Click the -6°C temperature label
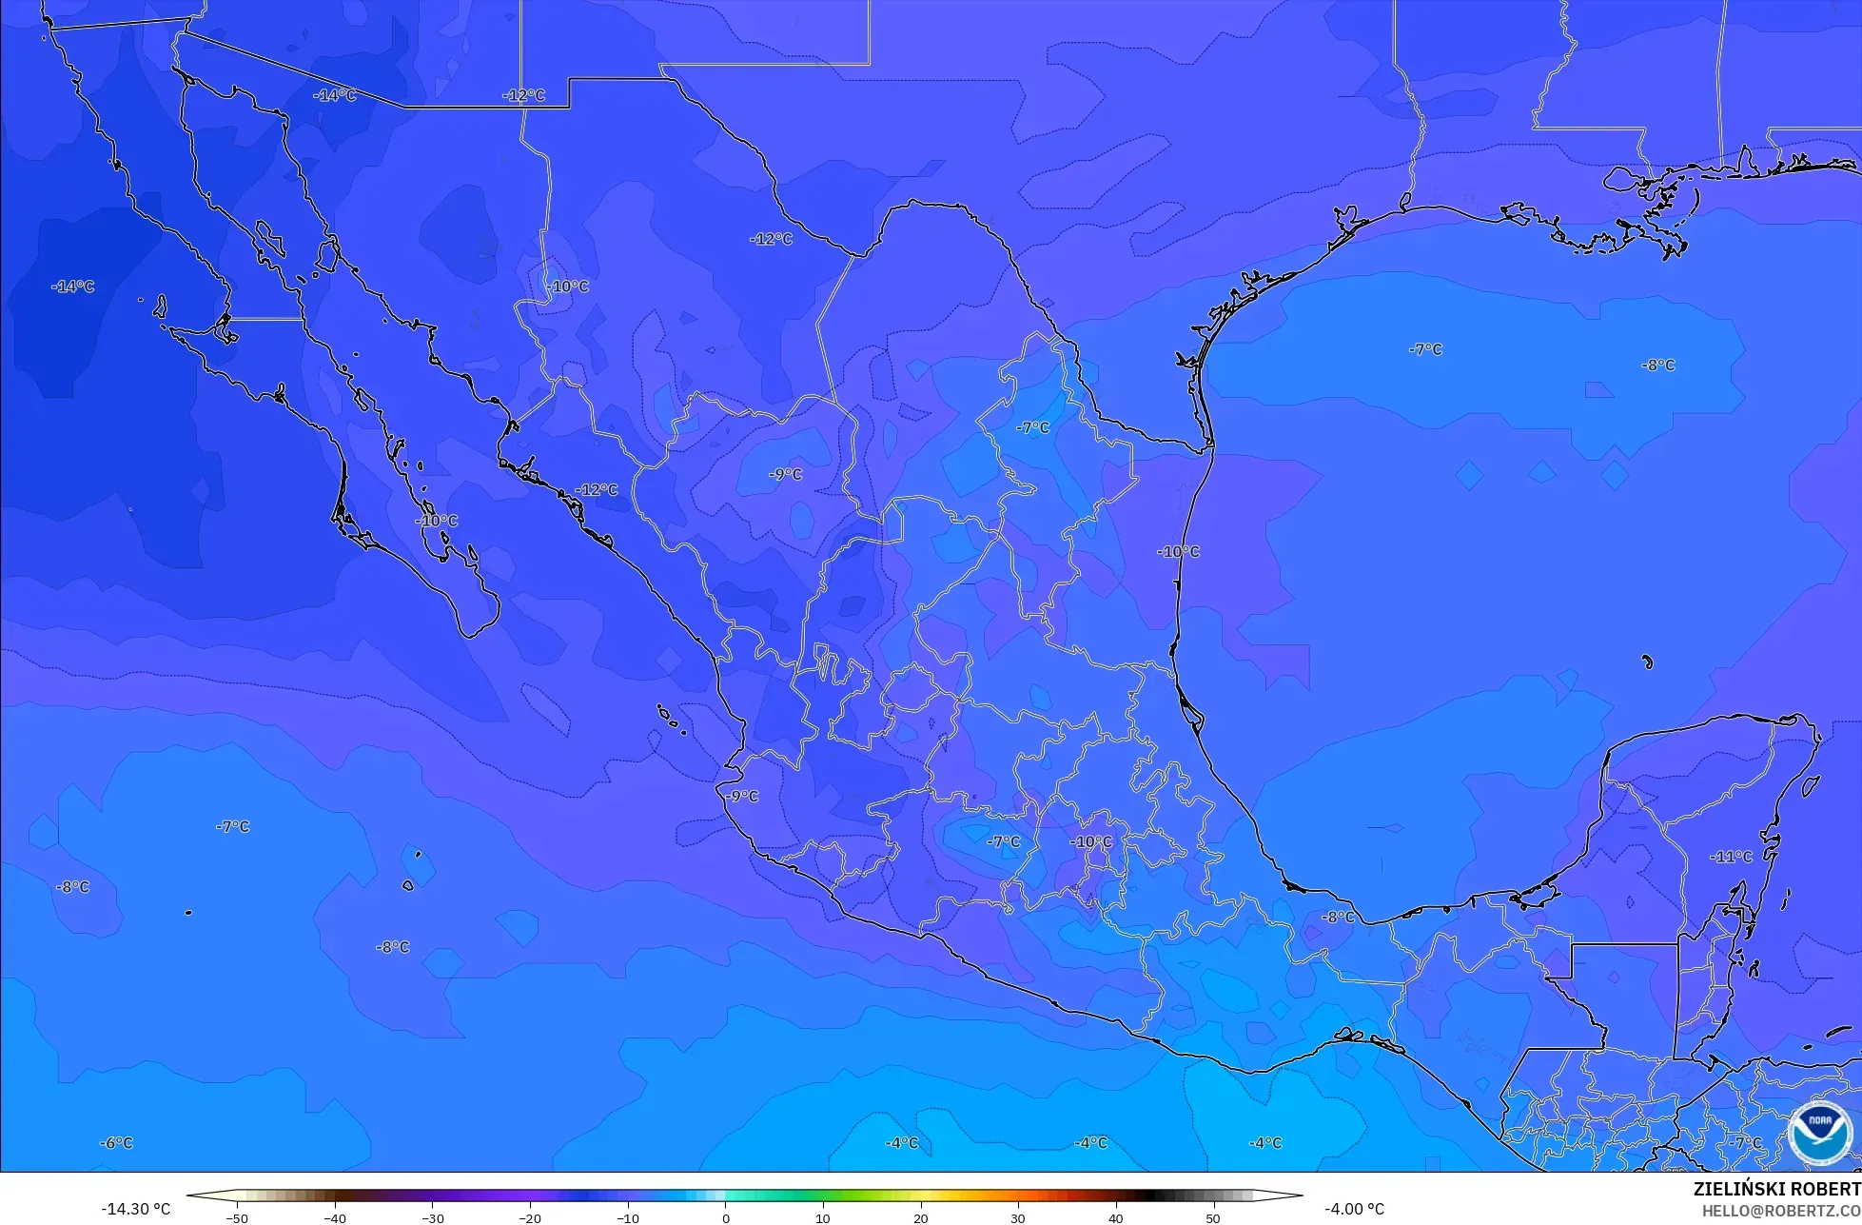click(117, 1142)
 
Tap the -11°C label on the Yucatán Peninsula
click(1731, 857)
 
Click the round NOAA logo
click(1819, 1132)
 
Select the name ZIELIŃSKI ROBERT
click(1776, 1189)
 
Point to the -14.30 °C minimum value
click(135, 1209)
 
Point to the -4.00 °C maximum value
click(1354, 1209)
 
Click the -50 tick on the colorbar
click(237, 1218)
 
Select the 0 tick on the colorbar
click(725, 1218)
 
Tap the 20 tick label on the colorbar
click(920, 1218)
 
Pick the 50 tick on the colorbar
click(1213, 1218)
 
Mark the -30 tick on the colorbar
click(432, 1218)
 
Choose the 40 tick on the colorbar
click(1115, 1218)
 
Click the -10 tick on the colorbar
click(627, 1218)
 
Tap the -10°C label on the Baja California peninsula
click(437, 521)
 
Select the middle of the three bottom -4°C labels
click(1090, 1142)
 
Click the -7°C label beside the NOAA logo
click(1746, 1142)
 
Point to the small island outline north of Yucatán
click(1648, 662)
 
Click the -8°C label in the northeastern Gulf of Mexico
click(1657, 365)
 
